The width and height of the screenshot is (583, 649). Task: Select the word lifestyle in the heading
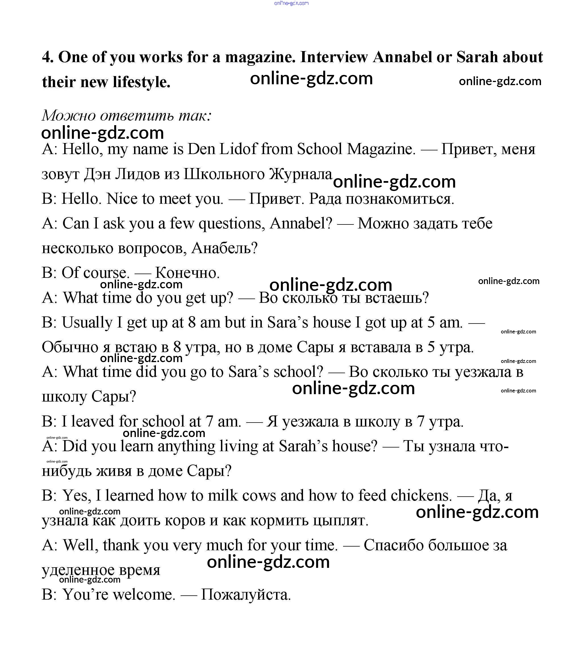[141, 82]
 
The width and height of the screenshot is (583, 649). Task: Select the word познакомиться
[381, 199]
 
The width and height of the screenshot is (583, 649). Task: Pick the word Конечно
[187, 273]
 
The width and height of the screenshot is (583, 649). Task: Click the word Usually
[87, 323]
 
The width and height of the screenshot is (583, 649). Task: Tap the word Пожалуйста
[246, 595]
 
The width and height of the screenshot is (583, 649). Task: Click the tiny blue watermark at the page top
[291, 3]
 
